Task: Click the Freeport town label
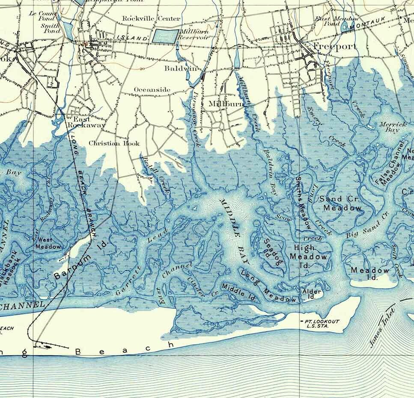(x=334, y=46)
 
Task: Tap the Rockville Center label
(x=145, y=18)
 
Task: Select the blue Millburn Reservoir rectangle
(x=166, y=36)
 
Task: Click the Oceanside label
(x=152, y=90)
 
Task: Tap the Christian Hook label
(x=114, y=143)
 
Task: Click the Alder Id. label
(x=312, y=294)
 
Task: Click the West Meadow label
(x=48, y=243)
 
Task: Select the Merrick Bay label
(x=389, y=127)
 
